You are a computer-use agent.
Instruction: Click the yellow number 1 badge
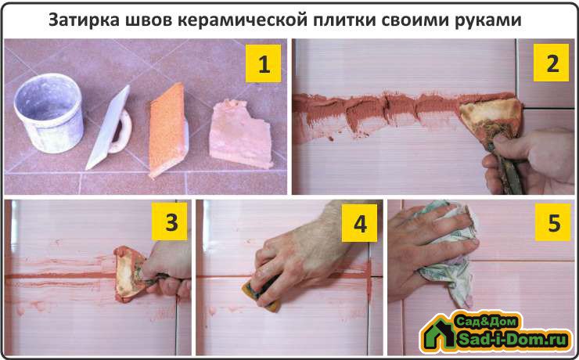coord(263,63)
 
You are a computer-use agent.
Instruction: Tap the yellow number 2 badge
coord(552,63)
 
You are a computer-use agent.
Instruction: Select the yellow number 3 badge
coord(170,221)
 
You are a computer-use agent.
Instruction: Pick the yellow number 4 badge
coord(359,223)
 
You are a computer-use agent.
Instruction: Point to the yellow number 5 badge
coord(553,222)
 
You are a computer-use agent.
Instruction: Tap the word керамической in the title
coord(243,21)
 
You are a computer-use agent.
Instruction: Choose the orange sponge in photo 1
coord(168,130)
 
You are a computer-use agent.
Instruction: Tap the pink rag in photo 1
coord(241,135)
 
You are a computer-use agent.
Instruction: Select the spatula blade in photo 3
coord(128,274)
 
